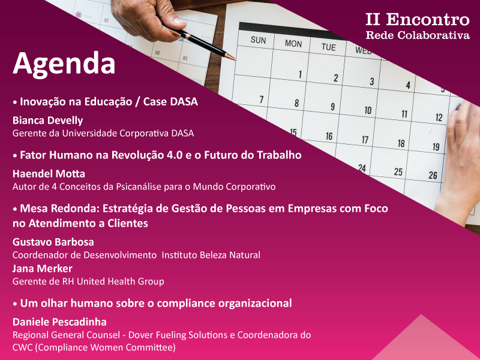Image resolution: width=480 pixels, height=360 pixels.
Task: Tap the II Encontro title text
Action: click(x=418, y=20)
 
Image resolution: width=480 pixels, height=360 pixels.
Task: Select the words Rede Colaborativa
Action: click(x=418, y=35)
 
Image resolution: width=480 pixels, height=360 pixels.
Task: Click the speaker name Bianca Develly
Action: click(x=48, y=121)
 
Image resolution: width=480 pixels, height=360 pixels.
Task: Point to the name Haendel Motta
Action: click(x=49, y=174)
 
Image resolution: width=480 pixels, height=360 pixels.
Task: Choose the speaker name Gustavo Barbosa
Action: click(x=53, y=242)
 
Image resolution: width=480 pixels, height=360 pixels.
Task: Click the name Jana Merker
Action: click(x=43, y=268)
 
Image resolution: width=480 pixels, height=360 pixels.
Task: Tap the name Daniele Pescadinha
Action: click(x=59, y=322)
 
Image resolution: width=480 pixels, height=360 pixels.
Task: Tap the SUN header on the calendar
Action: click(x=258, y=40)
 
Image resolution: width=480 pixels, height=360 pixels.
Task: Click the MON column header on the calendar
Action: click(x=293, y=44)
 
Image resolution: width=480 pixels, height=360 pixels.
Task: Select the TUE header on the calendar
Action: click(x=328, y=47)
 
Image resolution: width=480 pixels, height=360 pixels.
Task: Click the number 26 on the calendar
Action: click(x=433, y=175)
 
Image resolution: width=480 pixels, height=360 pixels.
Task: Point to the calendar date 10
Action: click(x=368, y=110)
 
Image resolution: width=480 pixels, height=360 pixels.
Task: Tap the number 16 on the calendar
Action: click(x=329, y=136)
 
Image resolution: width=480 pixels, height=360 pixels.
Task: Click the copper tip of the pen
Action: click(x=232, y=57)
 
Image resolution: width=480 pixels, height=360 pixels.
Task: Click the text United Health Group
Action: click(x=121, y=281)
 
